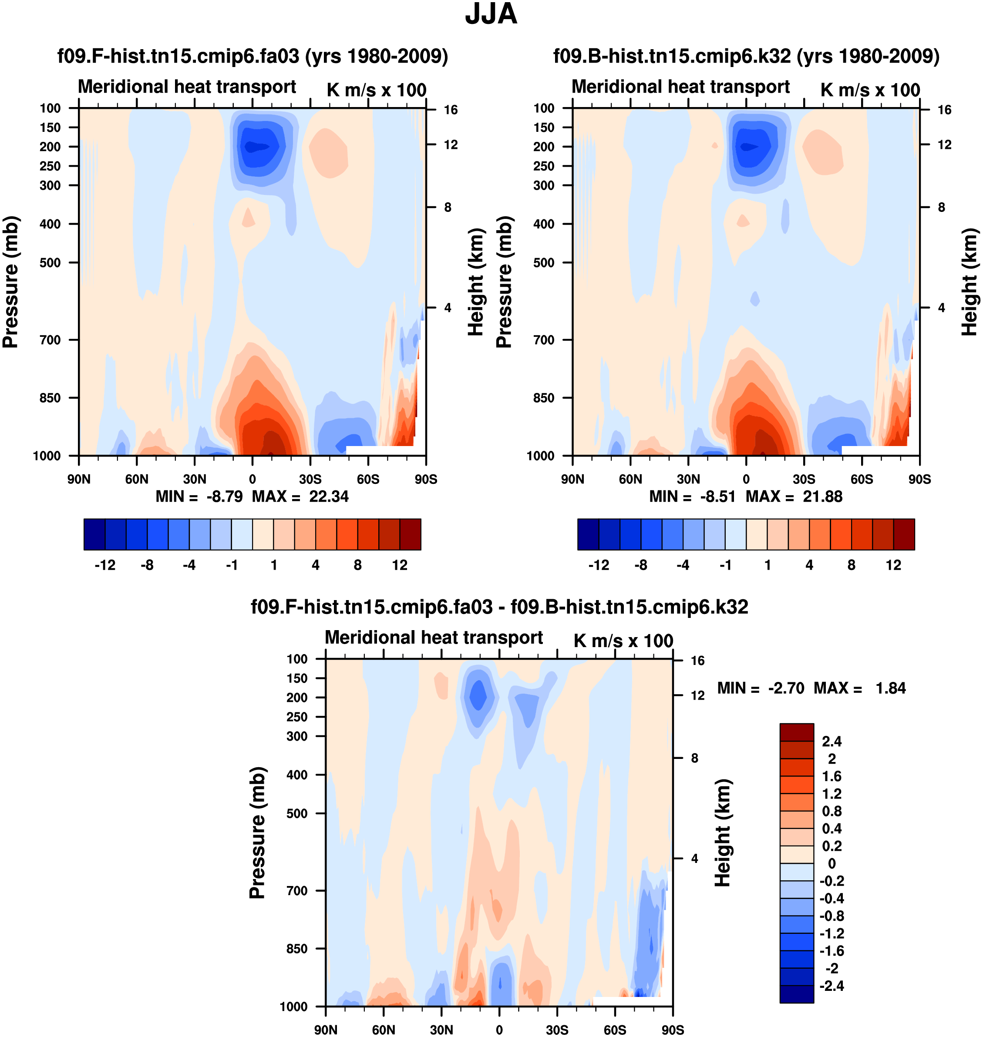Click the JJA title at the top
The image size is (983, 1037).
491,14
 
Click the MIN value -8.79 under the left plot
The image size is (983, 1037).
224,497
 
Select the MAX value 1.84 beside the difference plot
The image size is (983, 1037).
890,688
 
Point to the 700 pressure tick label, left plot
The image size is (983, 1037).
50,340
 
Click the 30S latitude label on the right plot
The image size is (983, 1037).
804,479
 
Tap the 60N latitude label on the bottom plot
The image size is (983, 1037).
384,1030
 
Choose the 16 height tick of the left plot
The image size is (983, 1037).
451,110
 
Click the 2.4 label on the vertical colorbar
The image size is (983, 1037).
832,741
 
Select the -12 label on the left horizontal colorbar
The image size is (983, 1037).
105,565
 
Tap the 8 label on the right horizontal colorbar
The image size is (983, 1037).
852,565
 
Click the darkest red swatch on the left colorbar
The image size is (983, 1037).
410,534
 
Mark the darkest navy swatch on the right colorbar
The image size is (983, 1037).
588,534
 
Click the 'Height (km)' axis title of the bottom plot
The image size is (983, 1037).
723,833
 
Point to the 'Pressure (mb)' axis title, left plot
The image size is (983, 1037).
10,282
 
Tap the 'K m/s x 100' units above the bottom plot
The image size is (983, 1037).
623,641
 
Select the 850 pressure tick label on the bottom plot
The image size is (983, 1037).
297,949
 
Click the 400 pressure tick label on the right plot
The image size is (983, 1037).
544,224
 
